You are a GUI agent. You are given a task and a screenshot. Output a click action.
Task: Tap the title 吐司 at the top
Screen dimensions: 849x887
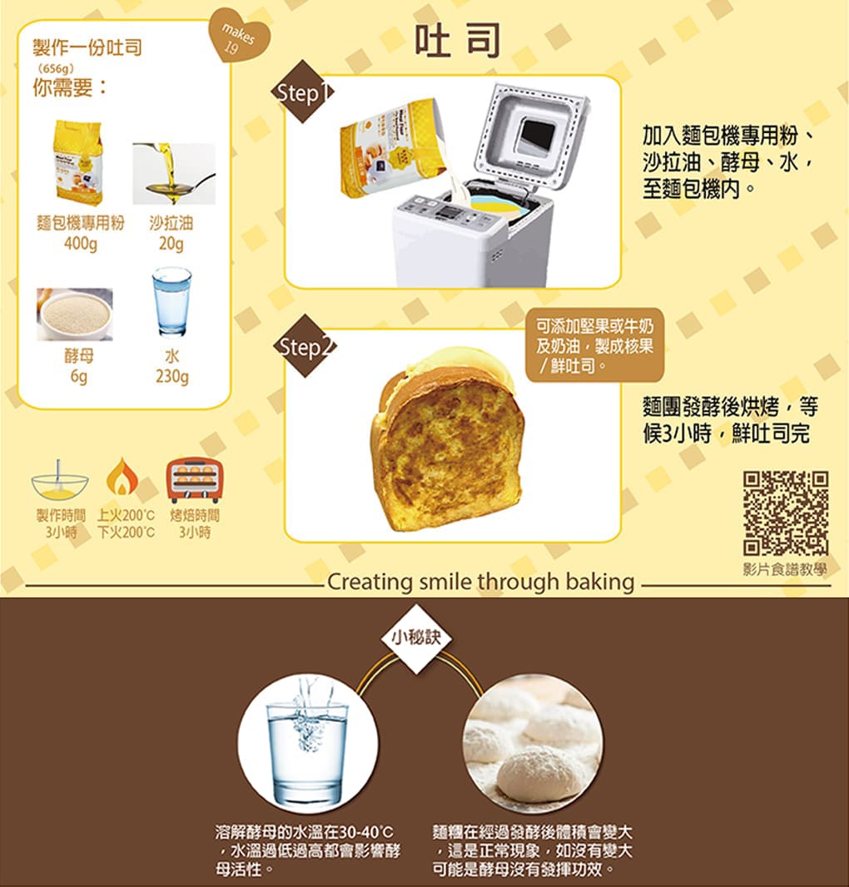pyautogui.click(x=457, y=40)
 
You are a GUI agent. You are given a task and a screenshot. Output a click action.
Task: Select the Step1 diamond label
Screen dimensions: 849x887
pyautogui.click(x=303, y=92)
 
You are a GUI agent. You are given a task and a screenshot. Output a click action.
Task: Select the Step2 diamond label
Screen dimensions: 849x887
pyautogui.click(x=305, y=345)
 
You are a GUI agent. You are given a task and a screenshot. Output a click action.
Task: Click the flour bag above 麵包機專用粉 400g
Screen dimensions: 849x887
pyautogui.click(x=78, y=162)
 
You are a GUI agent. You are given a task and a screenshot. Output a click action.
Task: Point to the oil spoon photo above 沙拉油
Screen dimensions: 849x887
pyautogui.click(x=174, y=173)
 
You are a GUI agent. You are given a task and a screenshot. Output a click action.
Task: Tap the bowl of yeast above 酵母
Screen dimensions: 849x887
pyautogui.click(x=75, y=315)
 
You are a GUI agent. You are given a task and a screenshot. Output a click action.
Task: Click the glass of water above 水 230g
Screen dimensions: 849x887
pyautogui.click(x=172, y=301)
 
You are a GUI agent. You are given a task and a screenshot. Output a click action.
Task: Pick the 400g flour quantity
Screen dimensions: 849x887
pyautogui.click(x=81, y=244)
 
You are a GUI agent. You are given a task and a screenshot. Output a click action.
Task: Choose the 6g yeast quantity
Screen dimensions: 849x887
pyautogui.click(x=79, y=376)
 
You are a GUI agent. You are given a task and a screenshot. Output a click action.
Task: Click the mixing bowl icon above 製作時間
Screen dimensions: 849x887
pyautogui.click(x=59, y=481)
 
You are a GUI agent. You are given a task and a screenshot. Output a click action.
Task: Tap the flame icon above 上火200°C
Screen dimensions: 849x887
pyautogui.click(x=122, y=477)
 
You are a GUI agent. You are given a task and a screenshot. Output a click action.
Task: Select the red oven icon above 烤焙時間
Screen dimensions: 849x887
pyautogui.click(x=195, y=480)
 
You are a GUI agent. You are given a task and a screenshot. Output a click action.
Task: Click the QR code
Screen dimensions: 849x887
pyautogui.click(x=786, y=513)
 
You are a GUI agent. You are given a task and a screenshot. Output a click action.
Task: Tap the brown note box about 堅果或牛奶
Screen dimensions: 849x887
pyautogui.click(x=595, y=345)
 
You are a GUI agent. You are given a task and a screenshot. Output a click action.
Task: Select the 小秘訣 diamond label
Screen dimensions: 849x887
pyautogui.click(x=417, y=638)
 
